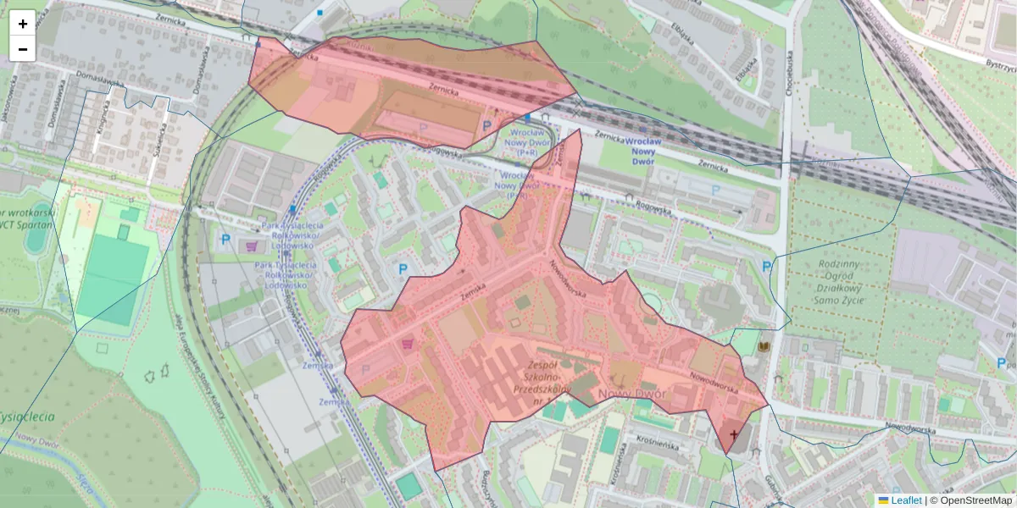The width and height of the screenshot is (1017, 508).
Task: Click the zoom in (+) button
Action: (x=23, y=24)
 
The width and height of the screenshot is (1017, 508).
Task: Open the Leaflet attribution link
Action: (x=905, y=500)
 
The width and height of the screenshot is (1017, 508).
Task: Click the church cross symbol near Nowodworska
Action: (x=733, y=433)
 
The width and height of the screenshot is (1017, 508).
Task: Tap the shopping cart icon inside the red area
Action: (x=408, y=344)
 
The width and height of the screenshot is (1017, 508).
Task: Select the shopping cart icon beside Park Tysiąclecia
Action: (x=252, y=246)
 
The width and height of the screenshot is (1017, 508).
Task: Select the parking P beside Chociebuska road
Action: (x=766, y=267)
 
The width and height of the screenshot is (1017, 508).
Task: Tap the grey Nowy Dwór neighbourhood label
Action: (x=631, y=395)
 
